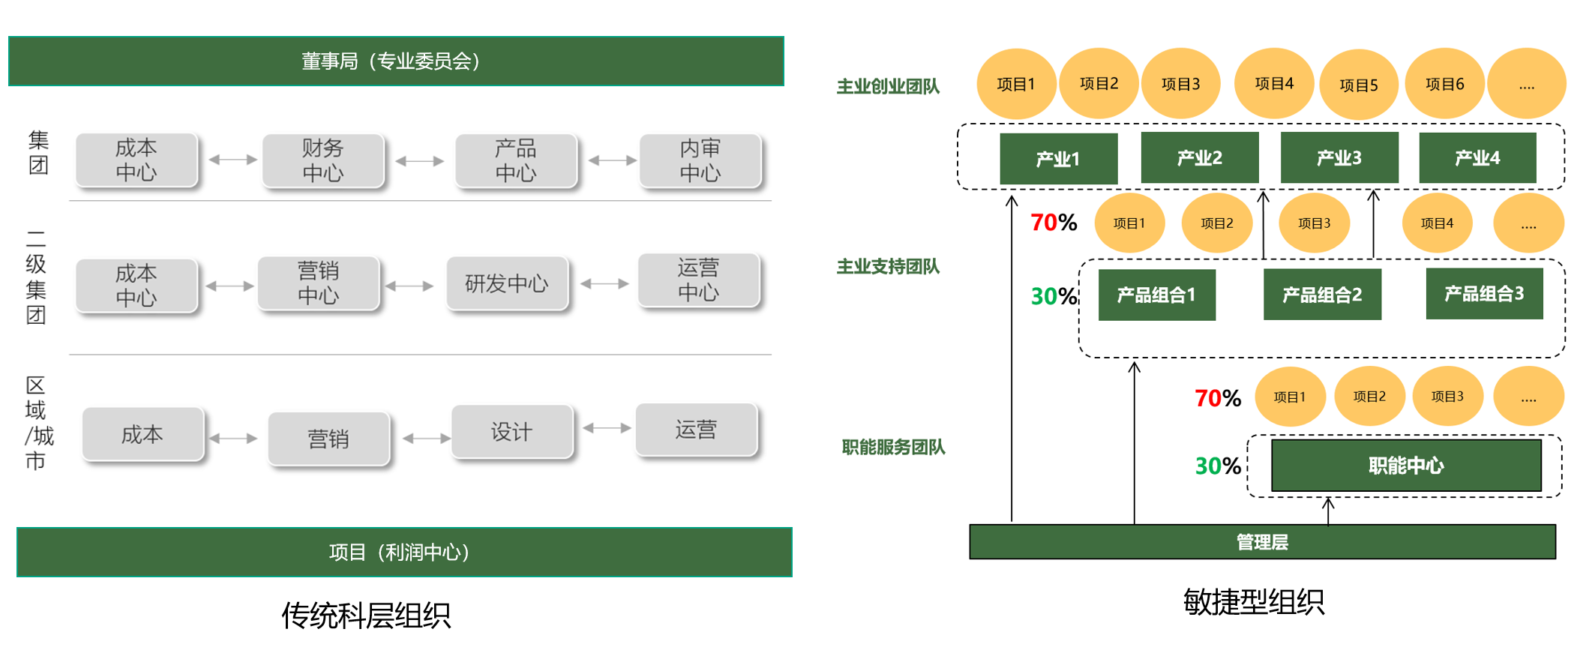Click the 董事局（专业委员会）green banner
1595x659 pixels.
tap(396, 61)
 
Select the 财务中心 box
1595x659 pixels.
tap(323, 160)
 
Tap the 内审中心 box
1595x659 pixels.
tap(700, 160)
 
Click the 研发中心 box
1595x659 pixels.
tap(507, 283)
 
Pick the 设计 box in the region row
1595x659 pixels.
tap(512, 432)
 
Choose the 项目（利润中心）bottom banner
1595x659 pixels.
tap(404, 552)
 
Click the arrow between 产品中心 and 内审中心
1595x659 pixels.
tap(613, 160)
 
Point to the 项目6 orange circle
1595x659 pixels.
tap(1444, 84)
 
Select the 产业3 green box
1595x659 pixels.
tap(1339, 157)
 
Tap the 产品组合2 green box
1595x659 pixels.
tap(1322, 295)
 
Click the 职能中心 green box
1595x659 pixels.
tap(1406, 466)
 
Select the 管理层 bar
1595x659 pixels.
tap(1262, 542)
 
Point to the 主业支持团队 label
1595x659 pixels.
tap(888, 267)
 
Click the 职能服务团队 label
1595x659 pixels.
tap(893, 448)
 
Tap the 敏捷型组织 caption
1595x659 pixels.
tap(1254, 602)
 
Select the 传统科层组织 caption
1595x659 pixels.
tap(366, 616)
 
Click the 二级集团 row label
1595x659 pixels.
tap(36, 277)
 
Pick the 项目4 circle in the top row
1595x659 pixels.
tap(1274, 83)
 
